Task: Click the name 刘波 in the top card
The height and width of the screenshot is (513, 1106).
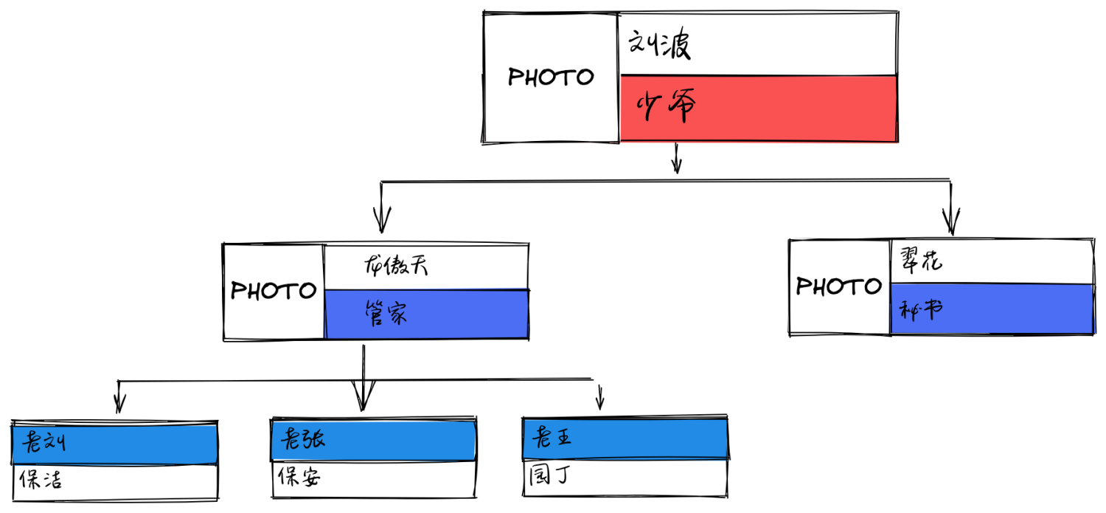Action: point(659,47)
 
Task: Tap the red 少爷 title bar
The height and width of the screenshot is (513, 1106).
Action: point(758,109)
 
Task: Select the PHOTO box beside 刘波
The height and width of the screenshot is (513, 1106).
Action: point(551,78)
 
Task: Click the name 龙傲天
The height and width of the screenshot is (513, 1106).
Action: point(397,266)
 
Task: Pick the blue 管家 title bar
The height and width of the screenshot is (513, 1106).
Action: point(426,314)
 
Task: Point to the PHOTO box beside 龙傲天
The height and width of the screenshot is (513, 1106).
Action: point(274,291)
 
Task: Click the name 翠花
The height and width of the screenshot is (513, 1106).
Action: point(921,261)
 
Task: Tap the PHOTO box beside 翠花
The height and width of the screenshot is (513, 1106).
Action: point(839,286)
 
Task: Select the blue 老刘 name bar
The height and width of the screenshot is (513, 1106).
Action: point(115,444)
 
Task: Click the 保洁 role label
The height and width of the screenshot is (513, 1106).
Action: point(42,481)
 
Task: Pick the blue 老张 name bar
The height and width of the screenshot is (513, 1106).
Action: point(374,441)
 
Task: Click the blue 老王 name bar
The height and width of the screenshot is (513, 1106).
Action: point(625,438)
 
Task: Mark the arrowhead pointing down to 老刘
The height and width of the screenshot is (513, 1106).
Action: point(119,404)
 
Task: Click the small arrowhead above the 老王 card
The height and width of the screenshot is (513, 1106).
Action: point(599,403)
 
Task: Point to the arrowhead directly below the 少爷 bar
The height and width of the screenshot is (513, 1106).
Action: point(676,165)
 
